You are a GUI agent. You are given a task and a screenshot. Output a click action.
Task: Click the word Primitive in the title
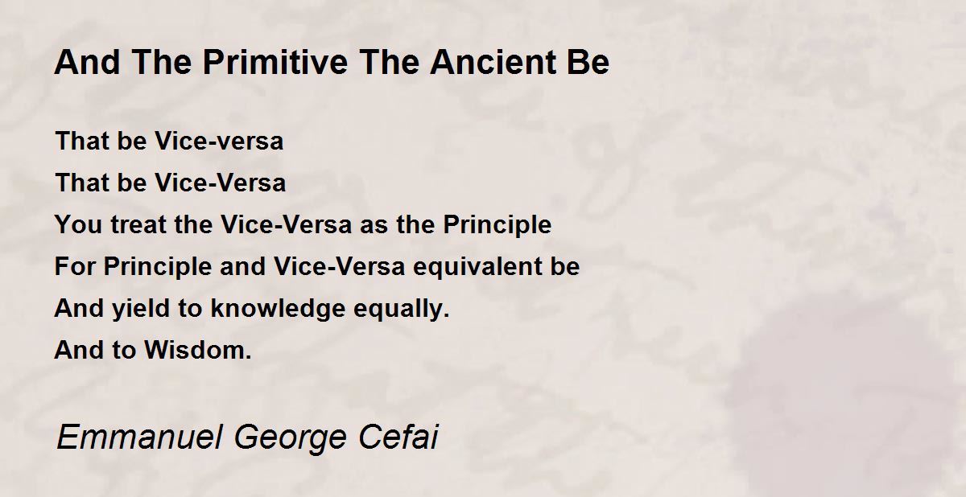[275, 63]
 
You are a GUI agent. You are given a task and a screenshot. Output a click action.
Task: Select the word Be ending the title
[588, 63]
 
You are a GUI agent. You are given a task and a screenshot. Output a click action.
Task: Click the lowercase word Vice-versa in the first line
[219, 141]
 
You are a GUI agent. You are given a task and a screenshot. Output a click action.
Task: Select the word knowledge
[279, 308]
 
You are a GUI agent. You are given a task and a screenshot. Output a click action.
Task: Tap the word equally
[402, 308]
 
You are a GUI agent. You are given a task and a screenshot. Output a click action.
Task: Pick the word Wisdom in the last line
[195, 350]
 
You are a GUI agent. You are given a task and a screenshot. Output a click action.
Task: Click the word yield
[141, 308]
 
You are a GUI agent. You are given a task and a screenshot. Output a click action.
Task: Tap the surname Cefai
[398, 437]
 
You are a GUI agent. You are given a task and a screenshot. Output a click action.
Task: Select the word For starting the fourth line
[75, 266]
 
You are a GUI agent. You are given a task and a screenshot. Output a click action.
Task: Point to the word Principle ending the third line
[497, 224]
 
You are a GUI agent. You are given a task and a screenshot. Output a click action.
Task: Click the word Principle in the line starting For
[158, 266]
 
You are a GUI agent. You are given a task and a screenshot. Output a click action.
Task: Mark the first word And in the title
[87, 63]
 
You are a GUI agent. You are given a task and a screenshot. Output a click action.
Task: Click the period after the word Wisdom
[248, 357]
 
